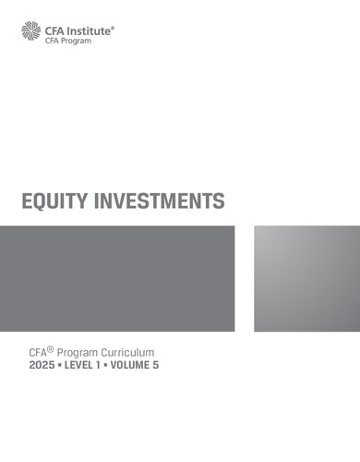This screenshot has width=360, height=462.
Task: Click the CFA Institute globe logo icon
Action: (x=30, y=32)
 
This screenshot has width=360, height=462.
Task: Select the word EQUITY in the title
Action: (x=58, y=201)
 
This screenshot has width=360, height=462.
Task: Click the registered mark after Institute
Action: (x=114, y=27)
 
